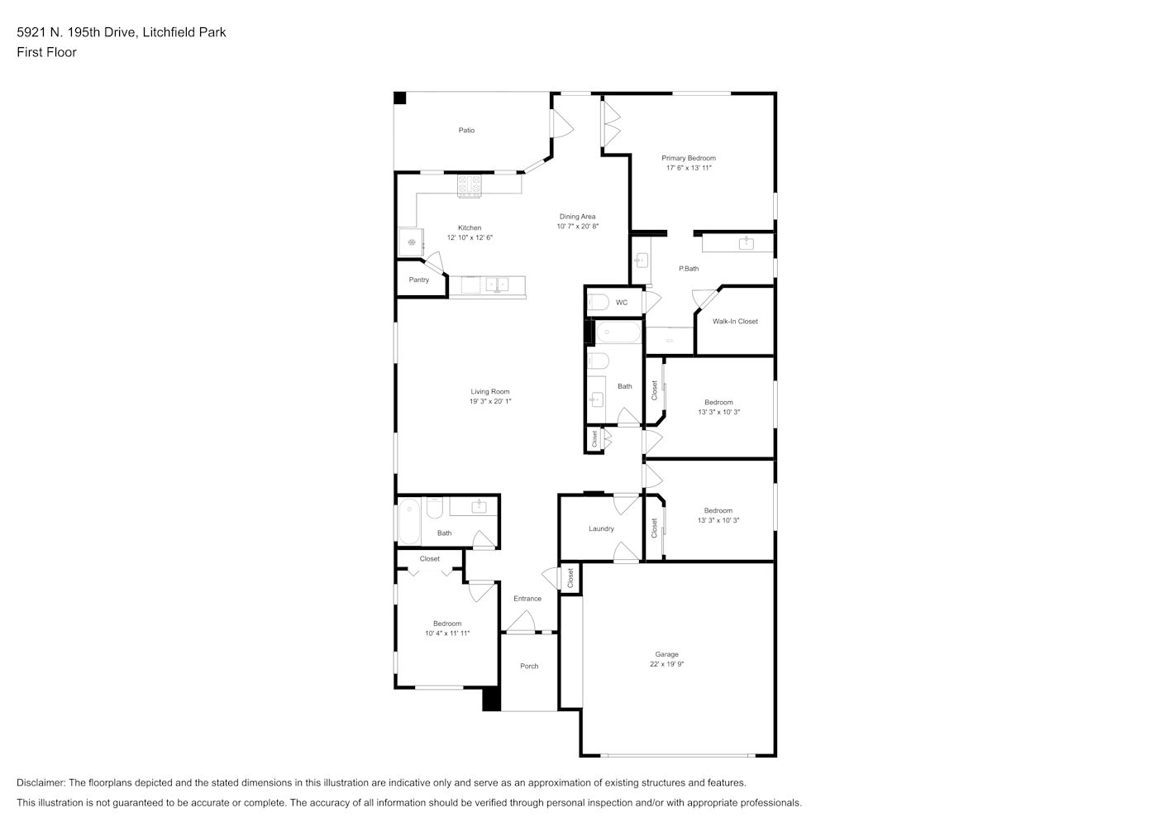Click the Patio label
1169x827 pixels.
[x=466, y=130]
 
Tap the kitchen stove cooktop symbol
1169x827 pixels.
[x=469, y=186]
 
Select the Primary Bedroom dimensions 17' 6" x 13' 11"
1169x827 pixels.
[x=689, y=168]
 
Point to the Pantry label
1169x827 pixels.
[x=418, y=280]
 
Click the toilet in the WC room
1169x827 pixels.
[x=598, y=303]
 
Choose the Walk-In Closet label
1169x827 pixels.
[x=735, y=321]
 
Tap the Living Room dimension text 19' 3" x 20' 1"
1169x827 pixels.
[x=490, y=401]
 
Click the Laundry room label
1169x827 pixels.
[x=601, y=528]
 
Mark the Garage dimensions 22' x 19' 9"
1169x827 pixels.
[x=666, y=664]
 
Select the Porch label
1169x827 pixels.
[x=529, y=666]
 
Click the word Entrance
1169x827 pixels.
[x=527, y=598]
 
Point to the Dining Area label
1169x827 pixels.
[x=577, y=216]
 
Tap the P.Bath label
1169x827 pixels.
[x=689, y=268]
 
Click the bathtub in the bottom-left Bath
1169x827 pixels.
[x=409, y=521]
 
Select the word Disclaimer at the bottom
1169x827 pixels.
[x=41, y=782]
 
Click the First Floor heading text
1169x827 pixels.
[x=46, y=52]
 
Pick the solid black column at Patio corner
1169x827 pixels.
[x=400, y=98]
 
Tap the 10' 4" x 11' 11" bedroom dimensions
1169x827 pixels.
[x=447, y=633]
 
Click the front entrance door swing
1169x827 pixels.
[x=521, y=621]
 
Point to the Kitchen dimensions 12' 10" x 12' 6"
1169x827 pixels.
[x=470, y=237]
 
